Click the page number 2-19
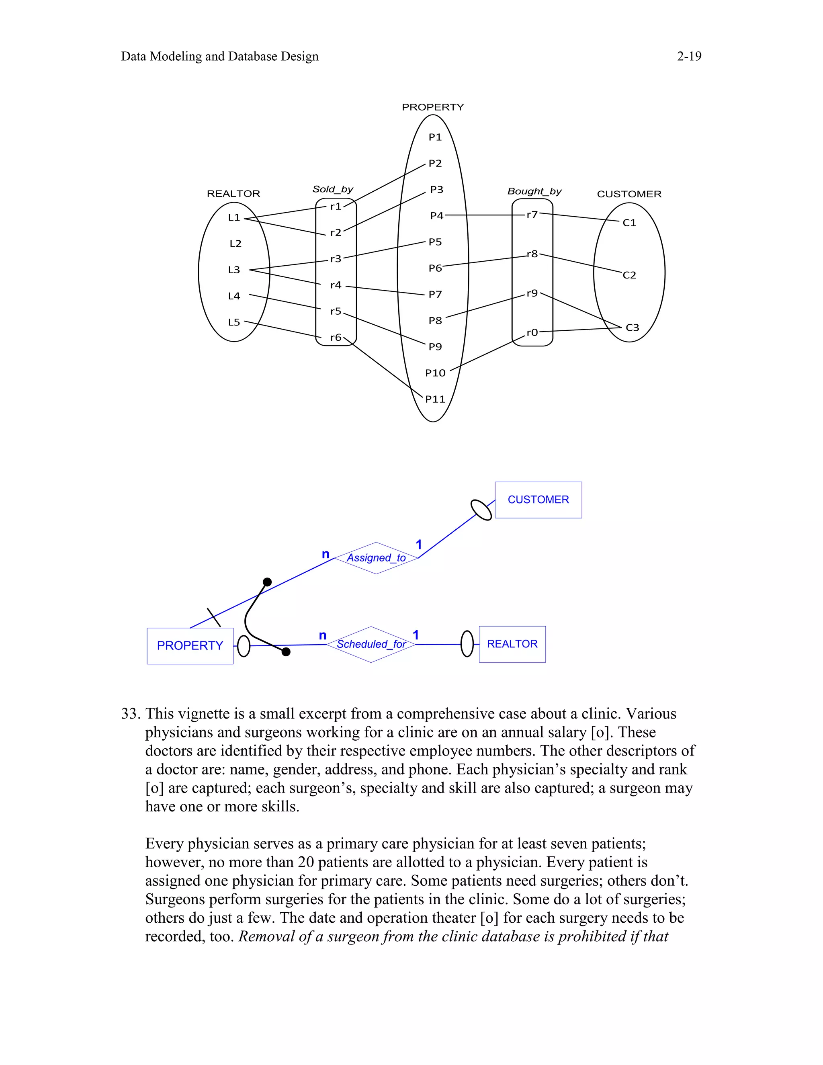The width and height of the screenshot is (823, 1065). click(x=689, y=57)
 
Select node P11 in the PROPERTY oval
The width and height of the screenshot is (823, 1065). click(x=435, y=399)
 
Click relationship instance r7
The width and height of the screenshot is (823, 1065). click(x=532, y=215)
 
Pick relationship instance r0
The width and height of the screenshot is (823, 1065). click(x=532, y=333)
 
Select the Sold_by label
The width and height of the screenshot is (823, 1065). click(x=332, y=189)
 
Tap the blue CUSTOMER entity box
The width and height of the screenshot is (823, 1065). click(x=538, y=500)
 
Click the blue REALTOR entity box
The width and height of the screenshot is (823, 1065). click(x=512, y=644)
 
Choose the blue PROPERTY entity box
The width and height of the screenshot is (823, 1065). click(x=190, y=646)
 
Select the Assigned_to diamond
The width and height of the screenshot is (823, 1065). click(x=376, y=558)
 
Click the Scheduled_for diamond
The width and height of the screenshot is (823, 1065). click(x=371, y=644)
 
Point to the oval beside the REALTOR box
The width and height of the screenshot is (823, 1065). click(x=467, y=644)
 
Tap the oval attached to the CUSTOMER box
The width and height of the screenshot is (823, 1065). click(x=481, y=510)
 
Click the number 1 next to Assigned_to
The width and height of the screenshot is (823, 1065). click(x=418, y=545)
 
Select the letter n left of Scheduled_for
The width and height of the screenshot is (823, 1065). click(x=322, y=635)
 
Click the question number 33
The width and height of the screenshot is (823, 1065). click(x=131, y=714)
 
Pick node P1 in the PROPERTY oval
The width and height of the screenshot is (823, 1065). click(x=435, y=137)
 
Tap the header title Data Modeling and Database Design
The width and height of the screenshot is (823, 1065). click(x=219, y=57)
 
